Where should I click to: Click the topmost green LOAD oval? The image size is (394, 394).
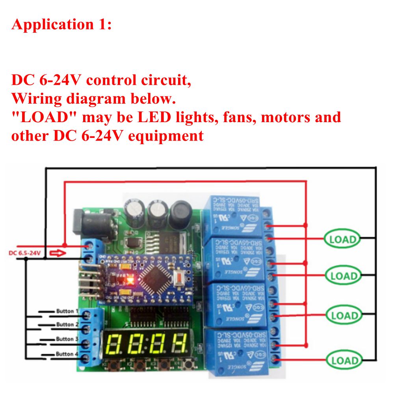pyautogui.click(x=342, y=238)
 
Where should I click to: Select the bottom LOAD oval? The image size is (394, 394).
pyautogui.click(x=343, y=360)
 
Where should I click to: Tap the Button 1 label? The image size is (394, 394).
pyautogui.click(x=65, y=311)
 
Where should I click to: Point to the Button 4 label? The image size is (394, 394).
pyautogui.click(x=65, y=354)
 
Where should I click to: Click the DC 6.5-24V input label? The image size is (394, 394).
pyautogui.click(x=24, y=253)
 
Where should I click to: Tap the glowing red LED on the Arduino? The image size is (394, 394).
pyautogui.click(x=128, y=281)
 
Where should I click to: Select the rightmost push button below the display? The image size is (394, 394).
pyautogui.click(x=188, y=366)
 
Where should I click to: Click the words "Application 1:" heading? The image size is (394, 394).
pyautogui.click(x=62, y=24)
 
